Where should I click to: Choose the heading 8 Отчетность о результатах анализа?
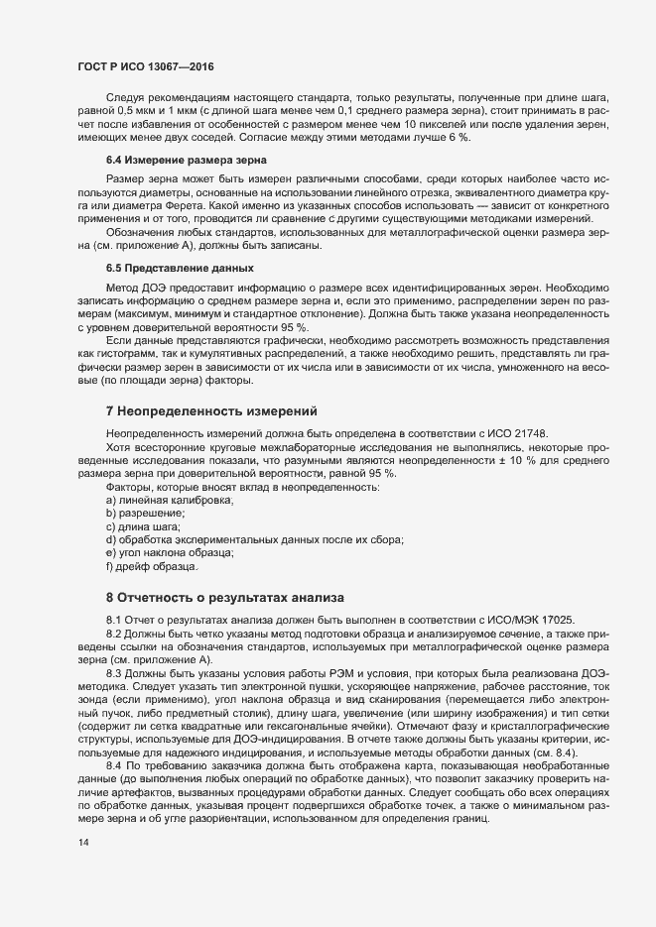(224, 598)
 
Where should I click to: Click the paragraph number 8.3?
(115, 672)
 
